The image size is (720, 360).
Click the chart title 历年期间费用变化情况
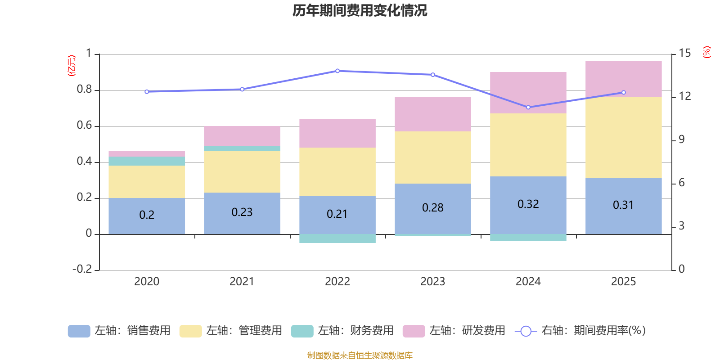tap(360, 10)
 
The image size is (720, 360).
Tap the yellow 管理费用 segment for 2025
tap(623, 137)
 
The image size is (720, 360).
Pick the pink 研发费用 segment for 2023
tap(432, 114)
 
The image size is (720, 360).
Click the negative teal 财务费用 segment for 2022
tap(337, 238)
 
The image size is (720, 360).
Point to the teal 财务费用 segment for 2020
tap(147, 161)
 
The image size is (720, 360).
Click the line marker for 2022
tap(337, 71)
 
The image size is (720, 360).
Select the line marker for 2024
tap(528, 107)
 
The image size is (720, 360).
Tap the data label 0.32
tap(528, 204)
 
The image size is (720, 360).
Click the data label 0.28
tap(432, 208)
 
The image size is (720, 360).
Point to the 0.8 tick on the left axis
tap(84, 90)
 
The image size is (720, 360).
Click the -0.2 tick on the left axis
tap(82, 269)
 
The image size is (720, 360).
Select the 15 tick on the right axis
tap(684, 54)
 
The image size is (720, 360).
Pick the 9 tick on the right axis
tap(681, 139)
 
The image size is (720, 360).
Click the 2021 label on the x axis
tap(242, 282)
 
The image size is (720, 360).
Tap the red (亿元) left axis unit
tap(71, 66)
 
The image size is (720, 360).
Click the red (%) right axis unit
tap(706, 52)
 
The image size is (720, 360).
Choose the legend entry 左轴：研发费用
tap(454, 331)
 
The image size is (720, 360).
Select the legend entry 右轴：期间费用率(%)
tap(580, 331)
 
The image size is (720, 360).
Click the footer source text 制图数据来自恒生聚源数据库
tap(360, 355)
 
